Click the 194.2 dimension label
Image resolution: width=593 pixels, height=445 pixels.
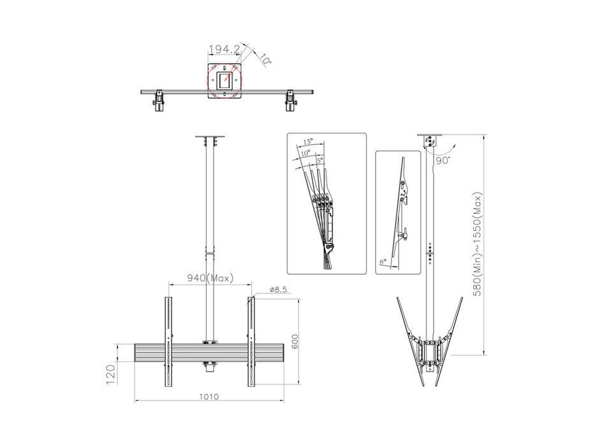pyautogui.click(x=224, y=49)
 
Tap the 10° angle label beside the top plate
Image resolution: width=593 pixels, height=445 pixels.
pyautogui.click(x=265, y=59)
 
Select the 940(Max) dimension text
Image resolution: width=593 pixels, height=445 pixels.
pyautogui.click(x=210, y=278)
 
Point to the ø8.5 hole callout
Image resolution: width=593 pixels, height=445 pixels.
pyautogui.click(x=278, y=289)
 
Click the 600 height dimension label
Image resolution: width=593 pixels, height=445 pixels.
pyautogui.click(x=295, y=342)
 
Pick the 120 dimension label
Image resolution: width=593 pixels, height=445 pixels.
pyautogui.click(x=110, y=374)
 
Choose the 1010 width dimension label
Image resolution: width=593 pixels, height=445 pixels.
pyautogui.click(x=209, y=397)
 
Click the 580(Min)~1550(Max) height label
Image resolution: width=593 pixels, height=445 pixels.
pyautogui.click(x=478, y=244)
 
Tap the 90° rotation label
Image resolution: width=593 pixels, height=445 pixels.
pyautogui.click(x=443, y=160)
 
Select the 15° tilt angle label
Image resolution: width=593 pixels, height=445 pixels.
pyautogui.click(x=308, y=142)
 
